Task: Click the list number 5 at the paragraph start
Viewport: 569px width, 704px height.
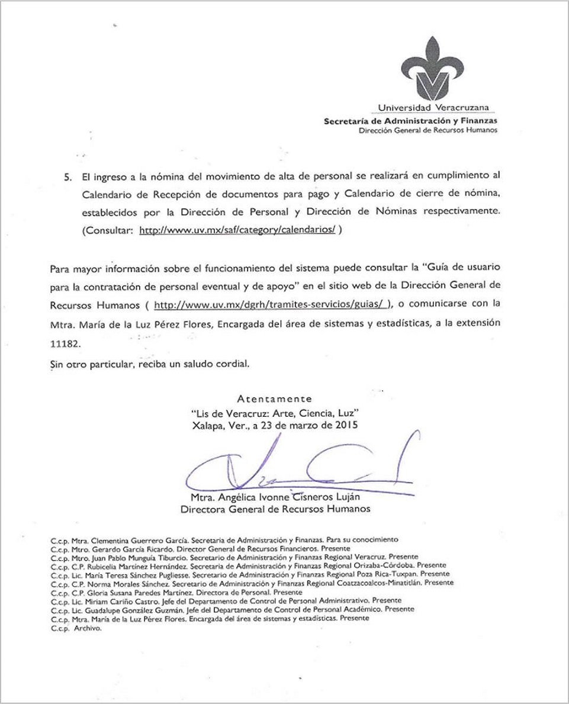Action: (x=67, y=177)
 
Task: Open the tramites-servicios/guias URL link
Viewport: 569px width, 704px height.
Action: (x=272, y=305)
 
